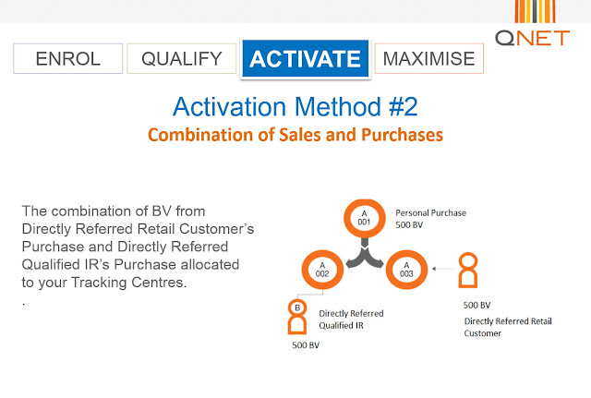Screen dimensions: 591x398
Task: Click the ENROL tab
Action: (x=67, y=58)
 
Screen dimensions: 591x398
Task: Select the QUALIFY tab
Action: (x=182, y=58)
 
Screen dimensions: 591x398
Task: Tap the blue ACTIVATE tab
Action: (x=306, y=58)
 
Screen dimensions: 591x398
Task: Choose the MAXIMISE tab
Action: (x=428, y=58)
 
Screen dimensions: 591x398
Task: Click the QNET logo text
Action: (x=532, y=38)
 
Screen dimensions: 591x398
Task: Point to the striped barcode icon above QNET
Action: (x=535, y=11)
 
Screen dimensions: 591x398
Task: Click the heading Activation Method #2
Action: (x=295, y=107)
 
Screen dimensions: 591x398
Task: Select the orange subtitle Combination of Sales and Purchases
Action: (x=295, y=135)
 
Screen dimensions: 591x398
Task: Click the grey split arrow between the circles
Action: (x=365, y=255)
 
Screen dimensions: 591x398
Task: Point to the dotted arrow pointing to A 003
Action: (x=443, y=269)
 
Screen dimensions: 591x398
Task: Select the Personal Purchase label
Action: (x=431, y=213)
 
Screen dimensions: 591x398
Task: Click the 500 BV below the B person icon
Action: (x=306, y=345)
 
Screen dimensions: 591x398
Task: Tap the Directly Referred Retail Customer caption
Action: (x=508, y=327)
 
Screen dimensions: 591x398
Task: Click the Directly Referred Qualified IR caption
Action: (x=351, y=320)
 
